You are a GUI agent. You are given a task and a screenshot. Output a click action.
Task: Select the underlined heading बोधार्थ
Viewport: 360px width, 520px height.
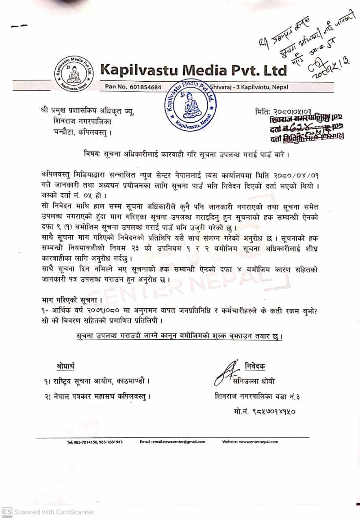click(65, 366)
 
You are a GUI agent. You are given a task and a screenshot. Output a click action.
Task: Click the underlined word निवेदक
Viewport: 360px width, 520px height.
click(255, 366)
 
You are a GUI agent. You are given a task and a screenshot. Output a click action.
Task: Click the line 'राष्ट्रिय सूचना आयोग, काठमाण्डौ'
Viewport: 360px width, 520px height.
click(97, 381)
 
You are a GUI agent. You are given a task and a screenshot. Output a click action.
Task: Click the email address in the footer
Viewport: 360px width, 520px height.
click(172, 442)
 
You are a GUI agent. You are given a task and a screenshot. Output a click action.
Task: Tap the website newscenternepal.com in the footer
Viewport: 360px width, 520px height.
click(250, 442)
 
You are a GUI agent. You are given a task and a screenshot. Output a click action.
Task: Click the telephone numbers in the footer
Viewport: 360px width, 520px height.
click(95, 442)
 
